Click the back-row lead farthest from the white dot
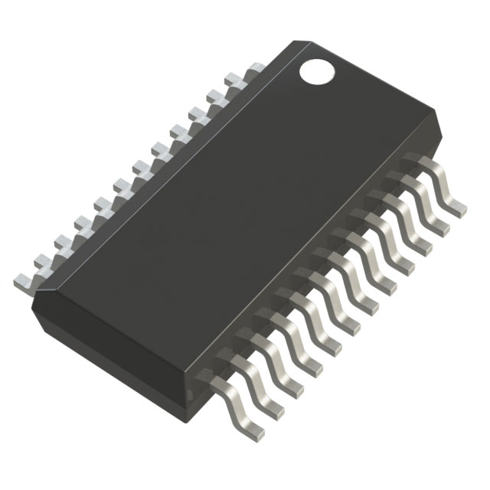[24, 279]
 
